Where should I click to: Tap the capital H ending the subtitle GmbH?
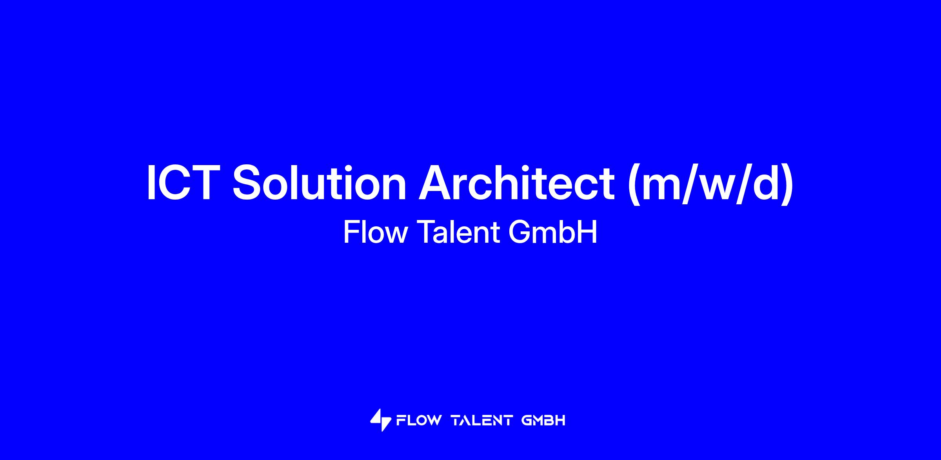(588, 232)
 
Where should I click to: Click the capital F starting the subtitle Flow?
(351, 232)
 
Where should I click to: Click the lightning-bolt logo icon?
(381, 420)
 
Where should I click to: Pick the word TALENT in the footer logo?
(482, 421)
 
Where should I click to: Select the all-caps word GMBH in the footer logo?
(543, 421)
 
